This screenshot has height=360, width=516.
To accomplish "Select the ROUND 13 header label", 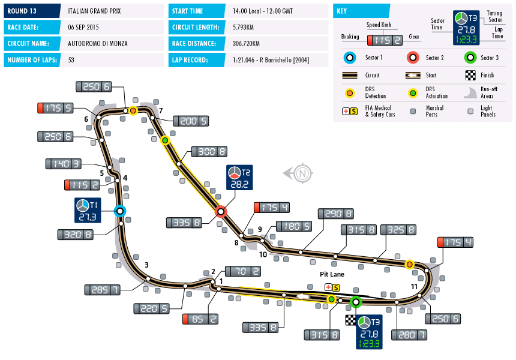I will [23, 11].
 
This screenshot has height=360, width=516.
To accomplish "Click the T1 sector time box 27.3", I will [87, 210].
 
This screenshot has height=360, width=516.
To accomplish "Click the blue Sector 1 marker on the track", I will [120, 211].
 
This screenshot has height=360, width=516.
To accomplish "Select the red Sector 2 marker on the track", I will [221, 211].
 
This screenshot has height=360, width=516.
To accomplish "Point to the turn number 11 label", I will [414, 287].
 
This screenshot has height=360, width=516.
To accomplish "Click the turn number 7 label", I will [161, 110].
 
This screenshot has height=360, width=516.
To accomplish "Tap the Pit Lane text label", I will [330, 274].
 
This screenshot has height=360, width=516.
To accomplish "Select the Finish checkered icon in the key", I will [470, 76].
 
